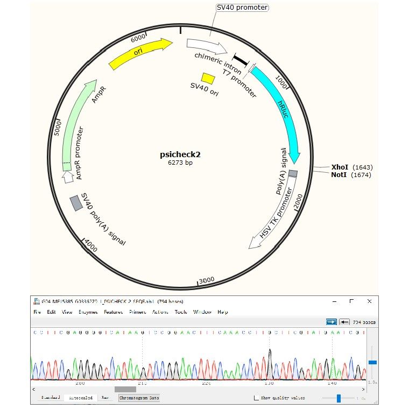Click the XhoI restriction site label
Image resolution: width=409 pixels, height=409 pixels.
340,167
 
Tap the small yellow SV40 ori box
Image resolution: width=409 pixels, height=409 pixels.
208,79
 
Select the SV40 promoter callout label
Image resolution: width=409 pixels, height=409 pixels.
242,8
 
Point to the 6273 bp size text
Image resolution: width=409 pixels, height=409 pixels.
180,163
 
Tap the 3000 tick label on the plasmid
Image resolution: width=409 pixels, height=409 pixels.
207,280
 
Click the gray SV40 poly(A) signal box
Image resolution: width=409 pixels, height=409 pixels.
76,203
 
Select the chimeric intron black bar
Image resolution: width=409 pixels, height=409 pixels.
239,59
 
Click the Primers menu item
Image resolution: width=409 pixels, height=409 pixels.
137,312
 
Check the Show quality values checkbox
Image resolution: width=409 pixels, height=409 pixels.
256,398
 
